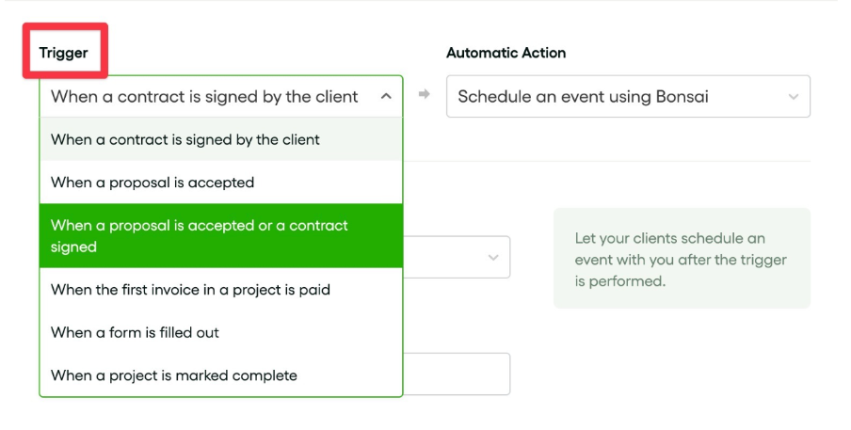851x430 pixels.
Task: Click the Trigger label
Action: (x=63, y=53)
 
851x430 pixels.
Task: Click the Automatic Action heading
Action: (x=506, y=53)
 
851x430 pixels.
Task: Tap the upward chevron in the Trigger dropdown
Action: (x=386, y=97)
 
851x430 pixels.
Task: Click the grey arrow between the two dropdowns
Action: (x=425, y=94)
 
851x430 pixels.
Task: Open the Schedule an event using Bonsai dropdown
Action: (x=628, y=97)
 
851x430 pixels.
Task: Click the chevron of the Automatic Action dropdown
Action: (x=794, y=97)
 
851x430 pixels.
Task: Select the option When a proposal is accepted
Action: (x=153, y=183)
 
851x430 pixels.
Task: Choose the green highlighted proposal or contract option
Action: (x=221, y=236)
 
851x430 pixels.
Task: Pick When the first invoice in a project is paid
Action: (x=190, y=290)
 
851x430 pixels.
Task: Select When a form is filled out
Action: (x=136, y=332)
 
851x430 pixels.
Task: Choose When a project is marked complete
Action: (x=173, y=375)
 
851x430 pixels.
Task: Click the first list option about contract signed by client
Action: (x=185, y=139)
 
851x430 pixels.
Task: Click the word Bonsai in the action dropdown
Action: (x=682, y=97)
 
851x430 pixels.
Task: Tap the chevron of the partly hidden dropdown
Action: (x=493, y=258)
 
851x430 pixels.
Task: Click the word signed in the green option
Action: (x=73, y=247)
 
